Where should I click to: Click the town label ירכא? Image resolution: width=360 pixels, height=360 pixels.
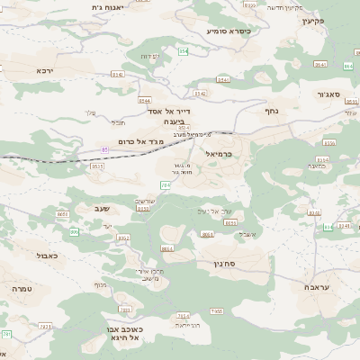46,69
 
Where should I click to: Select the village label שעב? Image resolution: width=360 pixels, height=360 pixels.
102,209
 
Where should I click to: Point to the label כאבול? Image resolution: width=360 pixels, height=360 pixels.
47,256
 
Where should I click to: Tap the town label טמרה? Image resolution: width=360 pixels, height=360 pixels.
22,290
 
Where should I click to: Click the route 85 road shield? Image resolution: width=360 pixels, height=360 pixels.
105,149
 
